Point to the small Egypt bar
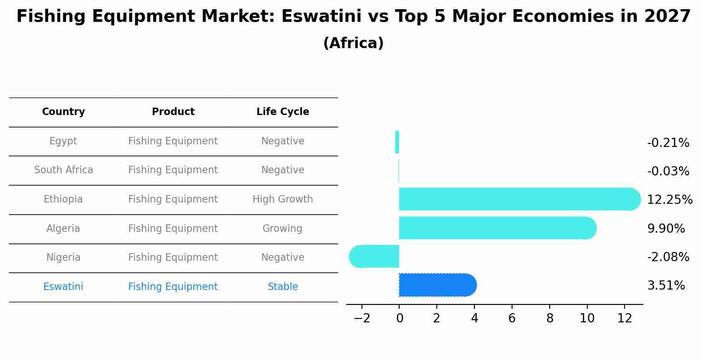click(397, 142)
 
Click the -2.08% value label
click(668, 257)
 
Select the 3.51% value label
click(666, 286)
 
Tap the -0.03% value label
click(668, 171)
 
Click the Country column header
click(63, 112)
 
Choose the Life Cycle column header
click(283, 112)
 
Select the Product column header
click(173, 112)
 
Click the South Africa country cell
click(63, 170)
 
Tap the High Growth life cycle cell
click(283, 199)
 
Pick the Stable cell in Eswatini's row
click(283, 287)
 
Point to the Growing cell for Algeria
click(282, 228)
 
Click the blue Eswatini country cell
click(63, 287)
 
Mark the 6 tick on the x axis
click(512, 318)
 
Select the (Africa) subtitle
click(353, 43)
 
